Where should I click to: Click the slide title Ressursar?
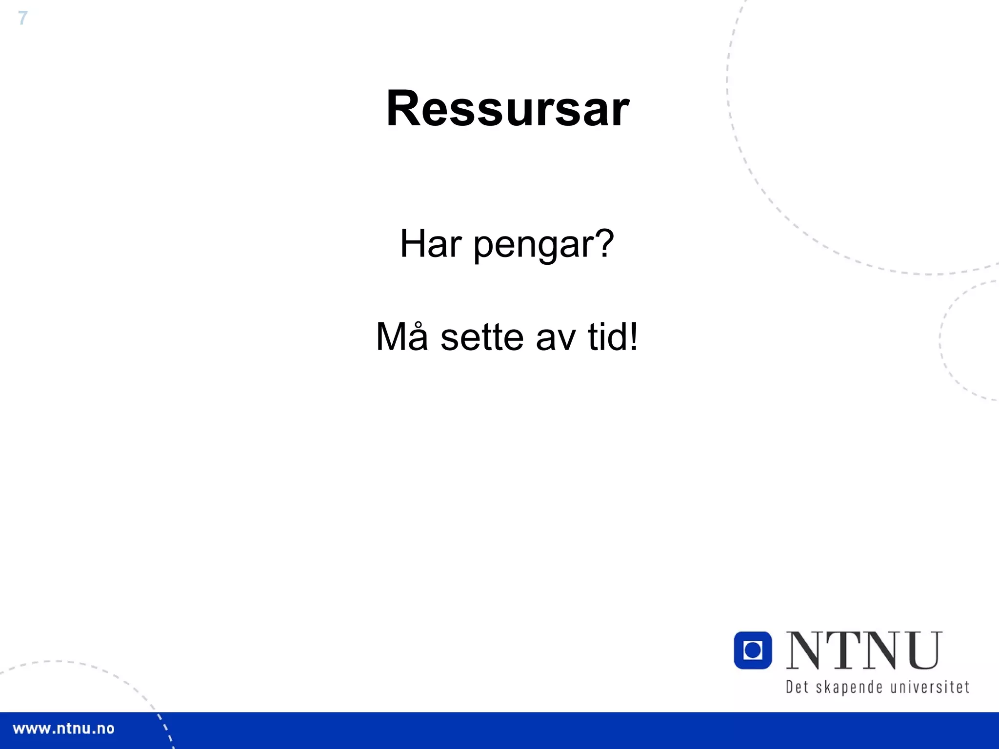pyautogui.click(x=507, y=108)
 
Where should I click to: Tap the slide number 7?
pyautogui.click(x=22, y=18)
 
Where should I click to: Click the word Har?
pyautogui.click(x=430, y=243)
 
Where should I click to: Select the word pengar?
pyautogui.click(x=534, y=245)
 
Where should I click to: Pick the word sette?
pyautogui.click(x=482, y=337)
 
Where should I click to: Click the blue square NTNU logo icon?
pyautogui.click(x=753, y=650)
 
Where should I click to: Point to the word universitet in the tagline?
pyautogui.click(x=930, y=687)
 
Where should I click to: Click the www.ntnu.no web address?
pyautogui.click(x=63, y=729)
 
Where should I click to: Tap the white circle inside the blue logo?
pyautogui.click(x=753, y=650)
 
